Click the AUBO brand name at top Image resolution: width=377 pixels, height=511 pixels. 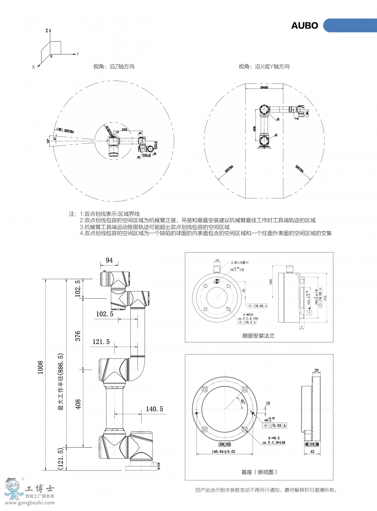coord(305,26)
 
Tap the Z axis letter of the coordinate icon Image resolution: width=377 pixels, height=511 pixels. coord(47,31)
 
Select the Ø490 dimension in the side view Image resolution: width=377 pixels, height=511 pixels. coord(264,87)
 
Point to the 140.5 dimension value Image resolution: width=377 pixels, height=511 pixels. coord(154,409)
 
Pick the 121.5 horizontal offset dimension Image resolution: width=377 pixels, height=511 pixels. coord(101,342)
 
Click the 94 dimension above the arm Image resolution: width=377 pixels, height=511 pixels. coord(109,260)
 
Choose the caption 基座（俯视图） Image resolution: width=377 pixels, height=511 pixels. coord(259,472)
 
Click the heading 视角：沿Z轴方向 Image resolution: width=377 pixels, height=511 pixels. coord(114,66)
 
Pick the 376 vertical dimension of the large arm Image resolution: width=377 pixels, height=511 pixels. coord(77,336)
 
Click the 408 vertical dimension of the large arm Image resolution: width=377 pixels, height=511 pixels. coord(77,404)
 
